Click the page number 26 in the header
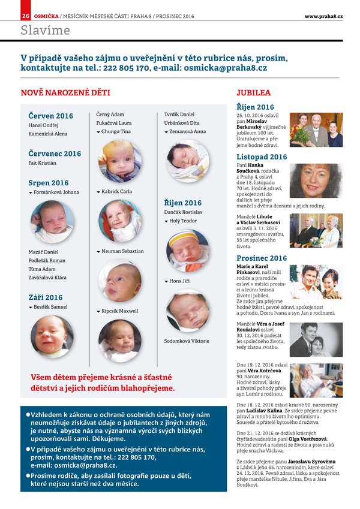(26, 16)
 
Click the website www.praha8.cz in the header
(323, 16)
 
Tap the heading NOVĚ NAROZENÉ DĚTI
(65, 93)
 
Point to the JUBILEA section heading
(253, 93)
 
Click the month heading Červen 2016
(50, 116)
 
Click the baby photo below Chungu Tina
(120, 161)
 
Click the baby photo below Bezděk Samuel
(52, 336)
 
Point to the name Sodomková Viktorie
(187, 341)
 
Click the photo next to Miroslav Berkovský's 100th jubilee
(316, 130)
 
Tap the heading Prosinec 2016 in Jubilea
(262, 258)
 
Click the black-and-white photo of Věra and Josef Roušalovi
(316, 340)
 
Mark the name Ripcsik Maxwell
(120, 311)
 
